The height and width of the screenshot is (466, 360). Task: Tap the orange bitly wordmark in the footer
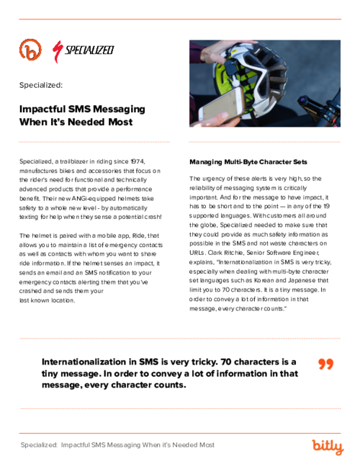tap(327, 447)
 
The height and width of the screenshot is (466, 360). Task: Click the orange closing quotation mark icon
tap(326, 364)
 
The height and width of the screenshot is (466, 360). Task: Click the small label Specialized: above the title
tap(41, 84)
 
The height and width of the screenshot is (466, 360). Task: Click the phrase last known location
tap(48, 301)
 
